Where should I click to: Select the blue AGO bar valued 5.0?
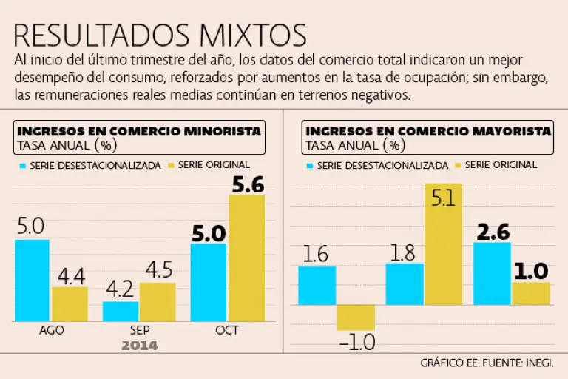coord(32,280)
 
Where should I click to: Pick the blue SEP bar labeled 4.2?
coord(120,311)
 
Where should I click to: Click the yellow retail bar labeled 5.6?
coord(246,258)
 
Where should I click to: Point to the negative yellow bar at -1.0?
coord(356,317)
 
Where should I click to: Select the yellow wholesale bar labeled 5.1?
coord(443,244)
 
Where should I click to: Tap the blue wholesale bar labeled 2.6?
coord(492,273)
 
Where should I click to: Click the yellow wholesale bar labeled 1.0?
coord(530,293)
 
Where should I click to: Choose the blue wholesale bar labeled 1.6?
coord(317,285)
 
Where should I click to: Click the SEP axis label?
coord(139,330)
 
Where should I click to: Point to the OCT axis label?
coord(227,330)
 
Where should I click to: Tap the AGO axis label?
coord(51,330)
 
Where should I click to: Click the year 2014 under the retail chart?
coord(140,345)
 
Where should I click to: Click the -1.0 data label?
coord(356,343)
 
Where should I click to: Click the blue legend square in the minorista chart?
coord(22,165)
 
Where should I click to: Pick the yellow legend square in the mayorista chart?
coord(458,164)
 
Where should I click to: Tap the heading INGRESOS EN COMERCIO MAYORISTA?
coord(428,131)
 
